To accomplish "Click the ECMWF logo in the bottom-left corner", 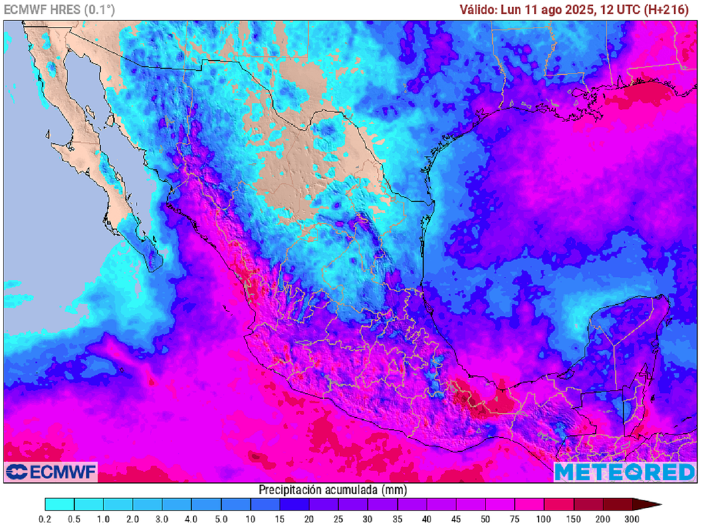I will (x=51, y=472).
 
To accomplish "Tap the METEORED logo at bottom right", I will (x=624, y=472).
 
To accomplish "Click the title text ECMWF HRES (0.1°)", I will (x=60, y=9).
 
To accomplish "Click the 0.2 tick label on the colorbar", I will (x=45, y=518).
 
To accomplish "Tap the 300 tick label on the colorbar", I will (x=632, y=518).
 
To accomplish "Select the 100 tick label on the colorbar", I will (x=544, y=518).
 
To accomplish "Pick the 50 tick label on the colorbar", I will (x=485, y=518).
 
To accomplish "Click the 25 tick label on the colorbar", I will (x=338, y=518).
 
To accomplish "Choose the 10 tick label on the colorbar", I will (x=250, y=518).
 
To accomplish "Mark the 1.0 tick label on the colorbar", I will (x=103, y=518).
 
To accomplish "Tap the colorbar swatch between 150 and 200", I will (x=587, y=504).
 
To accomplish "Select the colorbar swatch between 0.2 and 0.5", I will (x=60, y=504).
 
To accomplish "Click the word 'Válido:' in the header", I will (x=478, y=9).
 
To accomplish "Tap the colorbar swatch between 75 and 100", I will (x=529, y=504).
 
